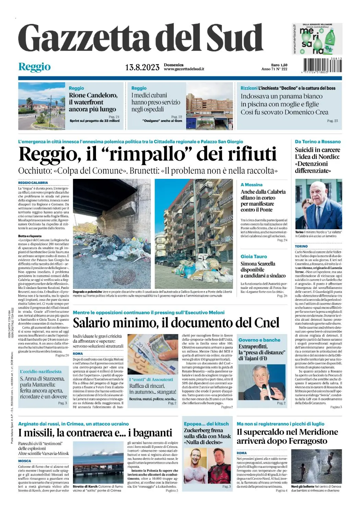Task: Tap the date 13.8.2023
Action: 142,67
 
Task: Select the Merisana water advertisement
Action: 317,39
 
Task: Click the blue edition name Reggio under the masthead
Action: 34,66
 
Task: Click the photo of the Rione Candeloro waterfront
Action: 41,105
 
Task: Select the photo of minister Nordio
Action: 318,204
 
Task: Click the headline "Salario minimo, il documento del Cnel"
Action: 176,323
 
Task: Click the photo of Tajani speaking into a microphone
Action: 262,382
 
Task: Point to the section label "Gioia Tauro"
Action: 254,256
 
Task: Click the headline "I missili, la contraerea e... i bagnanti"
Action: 95,433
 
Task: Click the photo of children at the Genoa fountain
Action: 316,466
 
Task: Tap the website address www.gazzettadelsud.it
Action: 184,69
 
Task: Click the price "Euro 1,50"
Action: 279,65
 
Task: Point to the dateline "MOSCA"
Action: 25,461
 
